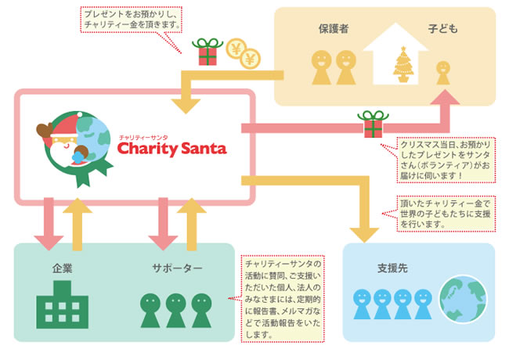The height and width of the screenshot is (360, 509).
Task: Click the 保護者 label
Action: [x=334, y=29]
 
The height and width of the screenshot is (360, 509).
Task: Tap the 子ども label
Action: [x=442, y=29]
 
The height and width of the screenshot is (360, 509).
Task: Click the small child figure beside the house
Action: [x=443, y=73]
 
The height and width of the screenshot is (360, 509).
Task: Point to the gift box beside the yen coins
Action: [x=208, y=52]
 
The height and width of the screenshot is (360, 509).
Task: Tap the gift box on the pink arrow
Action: [x=373, y=124]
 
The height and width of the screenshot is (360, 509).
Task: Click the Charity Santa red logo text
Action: [x=171, y=149]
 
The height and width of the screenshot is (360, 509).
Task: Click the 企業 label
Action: [x=63, y=268]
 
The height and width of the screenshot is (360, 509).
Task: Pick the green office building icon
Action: [x=63, y=304]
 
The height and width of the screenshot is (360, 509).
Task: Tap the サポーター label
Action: [x=177, y=268]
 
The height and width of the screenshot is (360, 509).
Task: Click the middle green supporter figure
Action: [x=175, y=311]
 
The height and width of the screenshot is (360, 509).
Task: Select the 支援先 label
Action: [x=392, y=268]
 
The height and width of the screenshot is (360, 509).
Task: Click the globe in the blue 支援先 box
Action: [x=464, y=299]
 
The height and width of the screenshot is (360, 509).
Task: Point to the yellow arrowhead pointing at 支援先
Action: [x=364, y=235]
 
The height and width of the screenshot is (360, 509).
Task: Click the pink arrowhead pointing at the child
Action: [x=445, y=97]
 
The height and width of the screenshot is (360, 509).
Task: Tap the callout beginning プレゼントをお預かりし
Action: [x=131, y=20]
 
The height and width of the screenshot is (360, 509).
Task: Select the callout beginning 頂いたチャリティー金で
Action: [x=446, y=214]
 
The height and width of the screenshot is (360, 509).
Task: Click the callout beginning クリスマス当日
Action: [x=446, y=160]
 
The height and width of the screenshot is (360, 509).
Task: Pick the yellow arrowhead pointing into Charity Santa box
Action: [x=186, y=106]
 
